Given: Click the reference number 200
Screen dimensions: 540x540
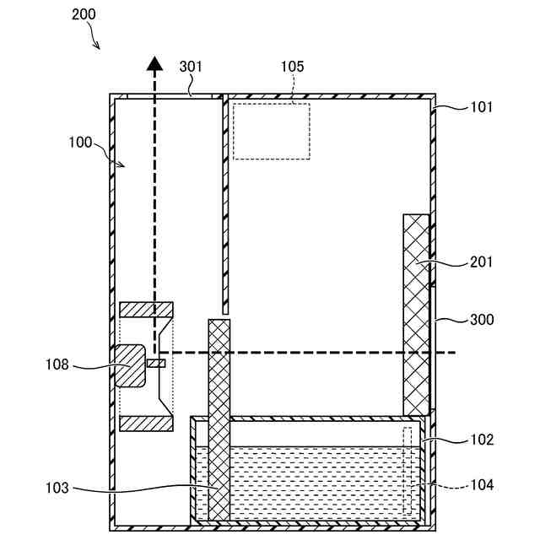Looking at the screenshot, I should [x=84, y=14].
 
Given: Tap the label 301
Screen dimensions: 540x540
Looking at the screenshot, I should [x=192, y=66].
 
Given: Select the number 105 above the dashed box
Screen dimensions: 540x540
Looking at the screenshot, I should [x=292, y=66].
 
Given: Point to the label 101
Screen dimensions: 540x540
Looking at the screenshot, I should [x=482, y=107].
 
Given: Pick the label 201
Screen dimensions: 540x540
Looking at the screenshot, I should [x=482, y=262].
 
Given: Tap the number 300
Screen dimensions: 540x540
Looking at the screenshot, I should [x=482, y=320].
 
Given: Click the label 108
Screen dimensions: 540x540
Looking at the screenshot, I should [x=58, y=365].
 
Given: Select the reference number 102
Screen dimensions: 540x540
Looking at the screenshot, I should [x=482, y=440].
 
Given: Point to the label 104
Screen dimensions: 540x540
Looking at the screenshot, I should [x=482, y=485].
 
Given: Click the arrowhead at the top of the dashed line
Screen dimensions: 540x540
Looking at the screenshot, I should [x=154, y=62].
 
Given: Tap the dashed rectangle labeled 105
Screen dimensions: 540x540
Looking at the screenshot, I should [x=272, y=131].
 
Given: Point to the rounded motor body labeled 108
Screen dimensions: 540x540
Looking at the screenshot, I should [x=130, y=365].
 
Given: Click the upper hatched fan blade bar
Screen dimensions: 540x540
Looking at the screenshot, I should [x=146, y=310].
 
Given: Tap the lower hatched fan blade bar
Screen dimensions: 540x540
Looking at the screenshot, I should [x=146, y=423].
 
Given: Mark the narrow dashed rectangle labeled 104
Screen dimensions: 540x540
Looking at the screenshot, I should [x=408, y=470].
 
